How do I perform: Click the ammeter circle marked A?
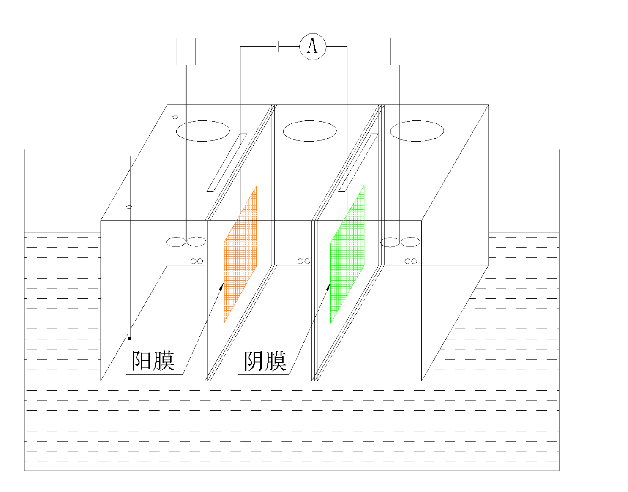(313, 46)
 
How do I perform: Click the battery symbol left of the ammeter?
(277, 46)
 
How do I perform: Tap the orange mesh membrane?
(240, 254)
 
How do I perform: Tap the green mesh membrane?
(347, 254)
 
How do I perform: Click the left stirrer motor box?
(186, 51)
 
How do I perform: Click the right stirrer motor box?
(400, 51)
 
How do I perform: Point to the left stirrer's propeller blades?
(186, 242)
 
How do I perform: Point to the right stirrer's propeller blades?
(400, 242)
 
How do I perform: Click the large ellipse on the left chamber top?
(203, 131)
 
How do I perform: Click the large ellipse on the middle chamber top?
(310, 131)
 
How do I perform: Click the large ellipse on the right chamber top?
(417, 131)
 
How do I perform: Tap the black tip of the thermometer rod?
(129, 338)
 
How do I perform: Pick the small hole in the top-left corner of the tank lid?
(175, 117)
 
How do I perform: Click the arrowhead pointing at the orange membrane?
(221, 287)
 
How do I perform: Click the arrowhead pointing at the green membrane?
(328, 287)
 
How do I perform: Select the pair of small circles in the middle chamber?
(304, 261)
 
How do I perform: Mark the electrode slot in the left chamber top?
(227, 163)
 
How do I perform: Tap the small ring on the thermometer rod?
(129, 207)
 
